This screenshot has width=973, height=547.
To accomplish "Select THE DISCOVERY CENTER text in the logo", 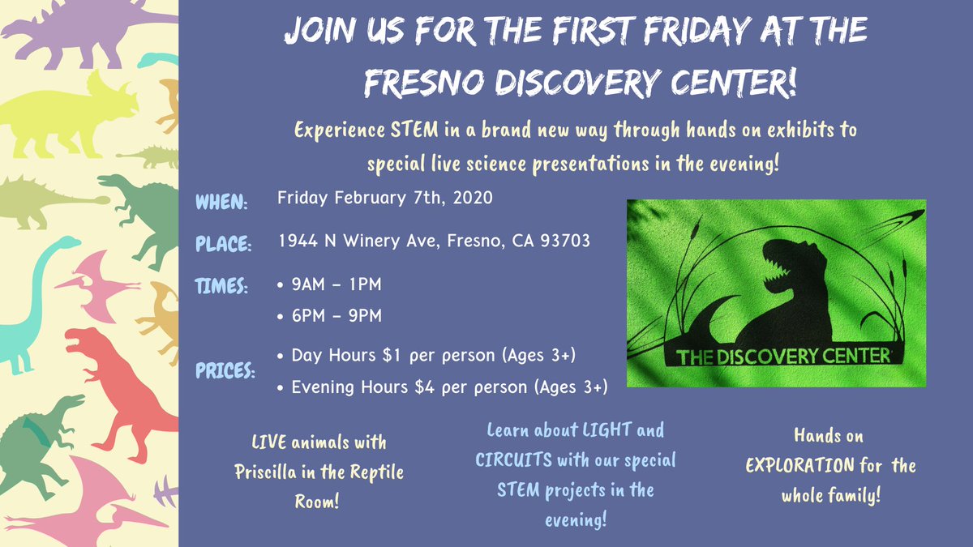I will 783,355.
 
